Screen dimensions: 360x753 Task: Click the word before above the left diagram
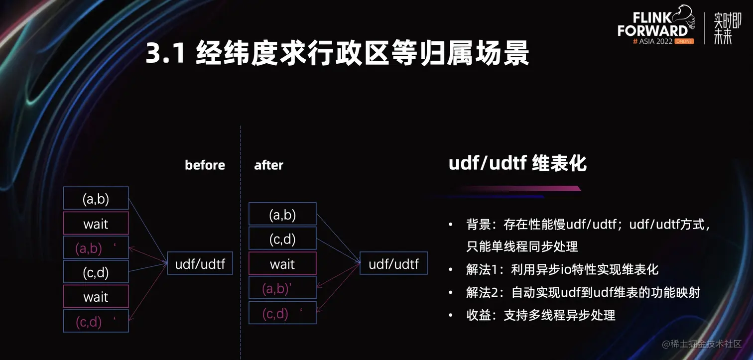tap(205, 165)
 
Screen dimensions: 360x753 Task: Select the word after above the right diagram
tap(268, 165)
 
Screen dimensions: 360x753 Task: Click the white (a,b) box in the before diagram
tap(96, 198)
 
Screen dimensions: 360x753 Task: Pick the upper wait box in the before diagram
tap(96, 223)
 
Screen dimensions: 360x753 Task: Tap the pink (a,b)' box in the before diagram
tap(96, 247)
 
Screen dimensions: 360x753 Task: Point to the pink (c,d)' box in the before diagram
tap(96, 321)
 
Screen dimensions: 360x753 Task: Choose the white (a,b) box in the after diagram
tap(282, 214)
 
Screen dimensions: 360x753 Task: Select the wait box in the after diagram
tap(282, 263)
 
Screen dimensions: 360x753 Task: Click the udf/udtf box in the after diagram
tap(393, 263)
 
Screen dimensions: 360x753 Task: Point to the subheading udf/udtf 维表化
tap(517, 163)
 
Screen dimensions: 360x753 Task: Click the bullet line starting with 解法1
tap(562, 269)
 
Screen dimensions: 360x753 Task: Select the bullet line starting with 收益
tap(540, 315)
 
